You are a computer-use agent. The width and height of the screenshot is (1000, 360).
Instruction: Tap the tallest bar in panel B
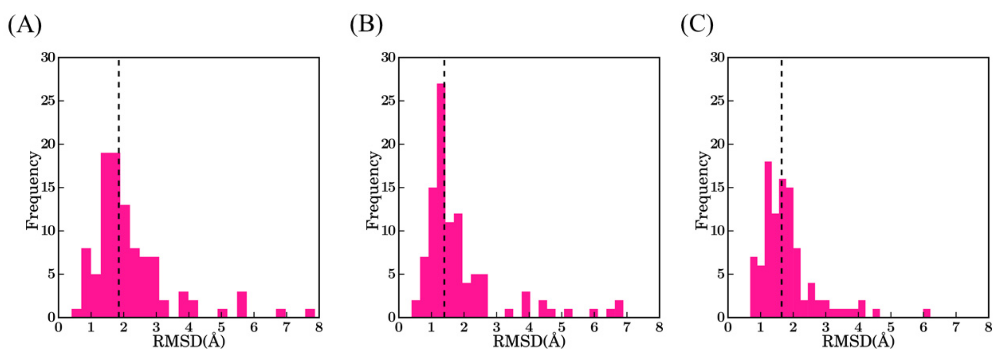(441, 202)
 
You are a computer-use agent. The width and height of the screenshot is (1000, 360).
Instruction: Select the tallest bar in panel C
(768, 241)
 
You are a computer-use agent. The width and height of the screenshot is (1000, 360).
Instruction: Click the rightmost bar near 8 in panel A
(310, 313)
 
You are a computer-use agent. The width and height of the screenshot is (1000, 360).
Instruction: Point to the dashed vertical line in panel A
(119, 117)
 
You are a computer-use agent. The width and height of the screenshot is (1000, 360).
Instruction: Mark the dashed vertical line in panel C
(781, 117)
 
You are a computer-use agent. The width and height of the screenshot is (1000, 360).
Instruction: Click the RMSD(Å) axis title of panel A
(189, 342)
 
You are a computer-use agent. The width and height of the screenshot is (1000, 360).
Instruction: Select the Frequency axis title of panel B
(373, 190)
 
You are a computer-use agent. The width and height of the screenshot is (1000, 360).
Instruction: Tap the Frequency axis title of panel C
(702, 190)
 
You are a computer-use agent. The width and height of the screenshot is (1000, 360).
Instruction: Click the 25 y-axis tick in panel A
(48, 101)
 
